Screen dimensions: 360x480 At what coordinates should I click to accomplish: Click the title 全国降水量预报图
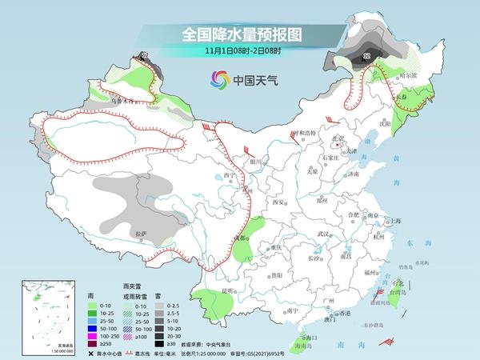pyautogui.click(x=239, y=34)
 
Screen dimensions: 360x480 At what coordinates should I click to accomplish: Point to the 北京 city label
pyautogui.click(x=338, y=138)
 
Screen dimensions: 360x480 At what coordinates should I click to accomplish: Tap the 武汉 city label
pyautogui.click(x=324, y=233)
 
